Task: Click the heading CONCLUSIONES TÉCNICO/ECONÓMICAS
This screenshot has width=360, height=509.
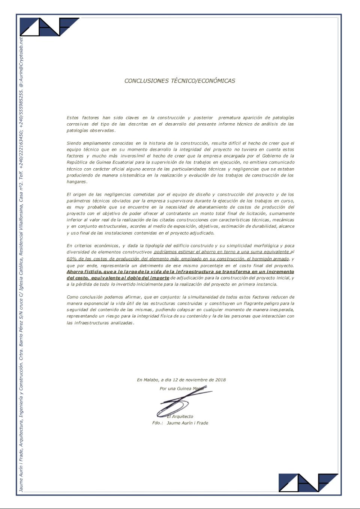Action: tap(180, 81)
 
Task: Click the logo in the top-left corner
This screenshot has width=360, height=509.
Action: tap(49, 27)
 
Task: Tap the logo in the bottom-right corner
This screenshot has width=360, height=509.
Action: tap(308, 482)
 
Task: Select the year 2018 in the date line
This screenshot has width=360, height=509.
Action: tap(220, 380)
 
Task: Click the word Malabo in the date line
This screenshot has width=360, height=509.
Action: tap(151, 380)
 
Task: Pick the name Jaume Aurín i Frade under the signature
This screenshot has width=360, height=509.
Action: tap(187, 423)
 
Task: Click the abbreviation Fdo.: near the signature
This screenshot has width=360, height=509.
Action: tap(157, 423)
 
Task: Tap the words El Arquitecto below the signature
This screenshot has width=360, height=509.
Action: tap(180, 416)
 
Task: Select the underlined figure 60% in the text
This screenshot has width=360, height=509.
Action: tap(72, 259)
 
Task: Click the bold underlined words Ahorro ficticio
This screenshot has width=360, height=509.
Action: tap(84, 271)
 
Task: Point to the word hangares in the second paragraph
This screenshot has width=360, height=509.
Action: tap(76, 181)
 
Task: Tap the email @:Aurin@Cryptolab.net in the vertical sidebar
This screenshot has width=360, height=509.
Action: tap(21, 62)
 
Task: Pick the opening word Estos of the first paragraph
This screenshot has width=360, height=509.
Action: tap(73, 118)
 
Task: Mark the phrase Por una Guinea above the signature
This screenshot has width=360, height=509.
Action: tap(175, 389)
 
